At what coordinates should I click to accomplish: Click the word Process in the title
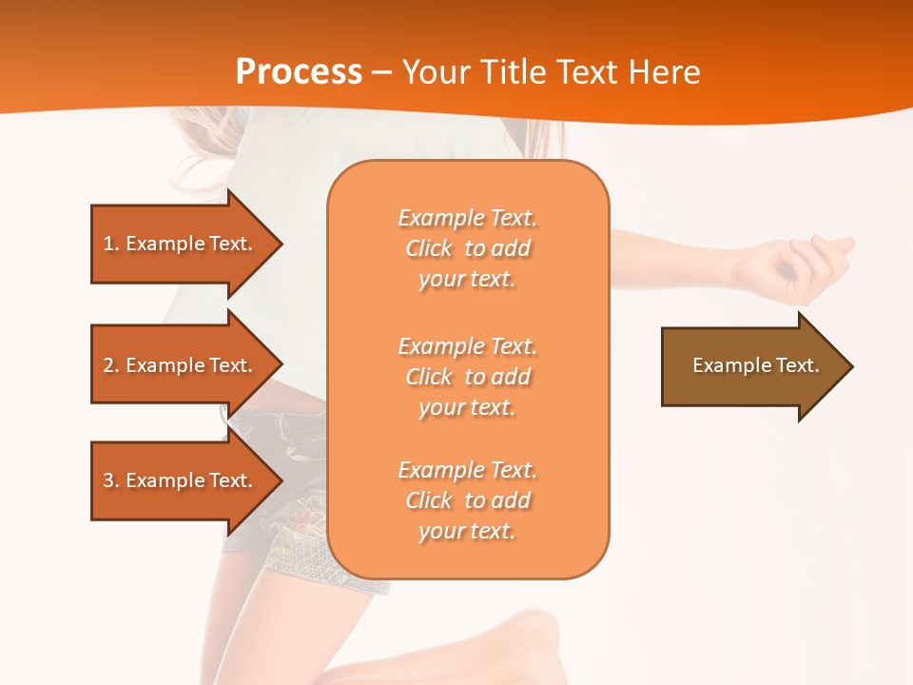(299, 72)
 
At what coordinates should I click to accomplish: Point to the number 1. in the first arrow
(111, 244)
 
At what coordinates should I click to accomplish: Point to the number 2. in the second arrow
(111, 365)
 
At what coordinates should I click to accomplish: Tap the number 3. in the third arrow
(111, 480)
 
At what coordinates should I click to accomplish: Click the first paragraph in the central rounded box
(467, 248)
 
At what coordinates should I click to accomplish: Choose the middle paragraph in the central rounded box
(467, 377)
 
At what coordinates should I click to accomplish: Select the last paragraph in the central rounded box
(467, 500)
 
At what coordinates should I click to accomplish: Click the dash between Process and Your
(381, 73)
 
